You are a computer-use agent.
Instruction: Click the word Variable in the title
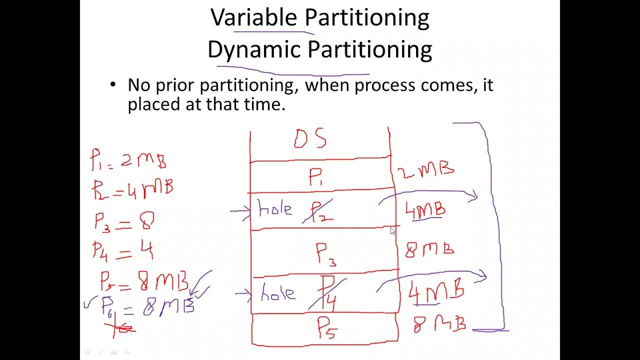coord(253,18)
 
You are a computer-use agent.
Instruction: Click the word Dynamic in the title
coord(253,50)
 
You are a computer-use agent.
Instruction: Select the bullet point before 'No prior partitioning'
coord(113,85)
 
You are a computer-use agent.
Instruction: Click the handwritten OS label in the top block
coord(310,139)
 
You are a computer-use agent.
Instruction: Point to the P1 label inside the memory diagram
coord(317,177)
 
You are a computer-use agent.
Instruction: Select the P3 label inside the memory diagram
coord(325,254)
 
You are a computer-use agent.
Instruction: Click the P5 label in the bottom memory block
coord(328,328)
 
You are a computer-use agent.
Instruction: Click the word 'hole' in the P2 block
coord(275,209)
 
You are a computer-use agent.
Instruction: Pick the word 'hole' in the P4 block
coord(277,294)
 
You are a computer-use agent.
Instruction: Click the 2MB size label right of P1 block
coord(425,170)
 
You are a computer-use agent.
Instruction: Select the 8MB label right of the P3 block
coord(429,248)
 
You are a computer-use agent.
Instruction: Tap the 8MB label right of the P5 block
coord(439,324)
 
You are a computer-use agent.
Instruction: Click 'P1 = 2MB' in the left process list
coord(128,160)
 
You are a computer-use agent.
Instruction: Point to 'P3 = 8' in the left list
coord(124,220)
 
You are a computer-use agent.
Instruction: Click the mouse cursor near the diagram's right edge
coord(392,231)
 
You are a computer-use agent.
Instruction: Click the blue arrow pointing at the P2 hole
coord(240,211)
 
